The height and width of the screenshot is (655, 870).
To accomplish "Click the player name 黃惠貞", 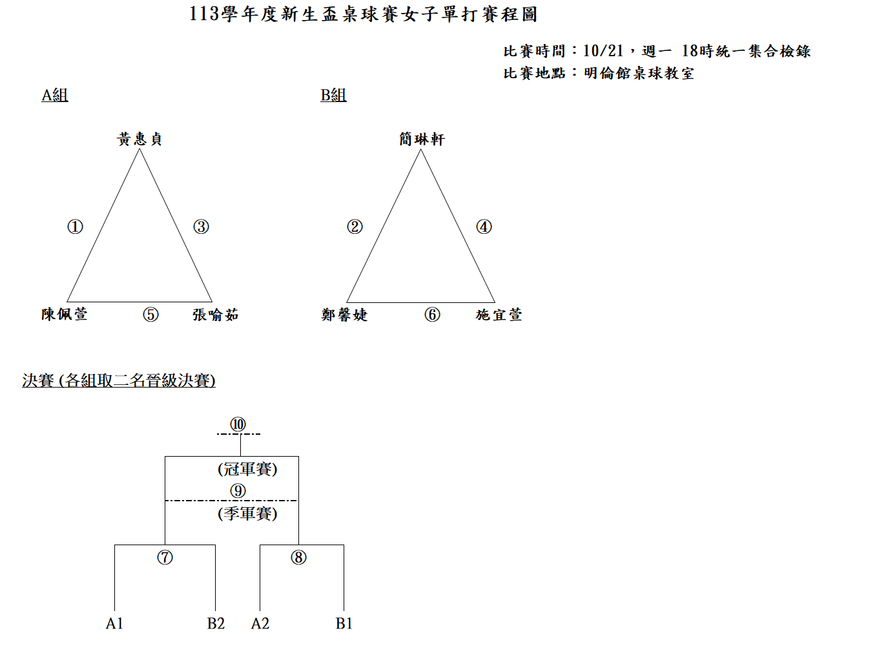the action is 139,139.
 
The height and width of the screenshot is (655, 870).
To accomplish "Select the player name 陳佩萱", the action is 65,314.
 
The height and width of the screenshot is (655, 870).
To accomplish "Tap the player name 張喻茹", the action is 216,315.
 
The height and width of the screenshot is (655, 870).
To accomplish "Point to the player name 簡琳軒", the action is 422,139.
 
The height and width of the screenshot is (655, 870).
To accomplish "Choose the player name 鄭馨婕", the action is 344,315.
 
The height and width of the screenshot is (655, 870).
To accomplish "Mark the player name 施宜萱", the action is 499,315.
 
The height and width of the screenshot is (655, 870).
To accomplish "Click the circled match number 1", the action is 75,227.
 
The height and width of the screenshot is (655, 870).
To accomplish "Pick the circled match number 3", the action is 201,227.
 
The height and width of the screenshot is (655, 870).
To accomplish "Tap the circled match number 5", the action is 150,315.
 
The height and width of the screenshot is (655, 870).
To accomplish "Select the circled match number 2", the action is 355,227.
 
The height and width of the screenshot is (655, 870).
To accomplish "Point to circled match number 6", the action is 432,315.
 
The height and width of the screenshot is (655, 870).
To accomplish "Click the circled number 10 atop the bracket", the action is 238,424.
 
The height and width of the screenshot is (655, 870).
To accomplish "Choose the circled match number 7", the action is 165,557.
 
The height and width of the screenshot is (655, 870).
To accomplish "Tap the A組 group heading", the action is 55,95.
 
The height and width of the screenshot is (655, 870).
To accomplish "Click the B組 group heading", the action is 333,95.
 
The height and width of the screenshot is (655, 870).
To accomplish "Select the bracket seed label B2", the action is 216,623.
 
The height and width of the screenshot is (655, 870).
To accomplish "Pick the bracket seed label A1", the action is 114,623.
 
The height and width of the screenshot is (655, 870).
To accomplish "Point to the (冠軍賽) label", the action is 247,469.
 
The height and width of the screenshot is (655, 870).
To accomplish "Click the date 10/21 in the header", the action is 603,51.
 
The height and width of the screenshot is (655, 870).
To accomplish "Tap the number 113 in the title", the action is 204,14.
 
